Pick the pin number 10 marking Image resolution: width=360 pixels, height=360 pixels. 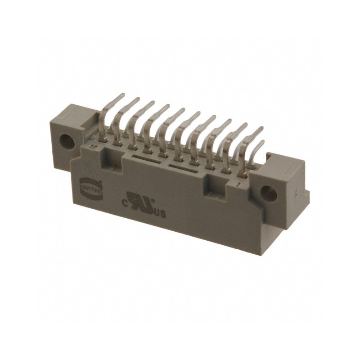coord(94,147)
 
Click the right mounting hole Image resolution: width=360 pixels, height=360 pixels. coord(269,193)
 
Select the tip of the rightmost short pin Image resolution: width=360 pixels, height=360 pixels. coord(261,142)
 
